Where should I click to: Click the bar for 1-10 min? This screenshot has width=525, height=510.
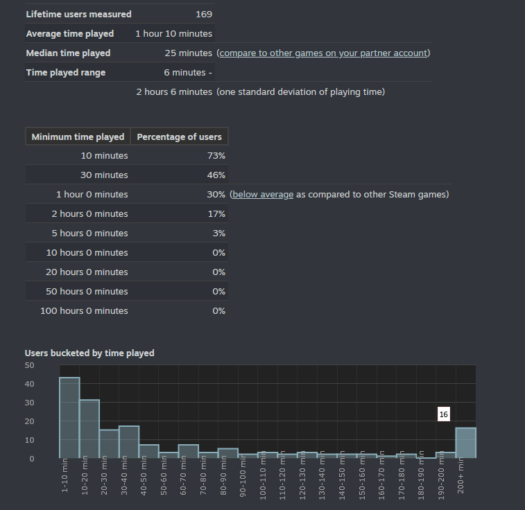point(69,417)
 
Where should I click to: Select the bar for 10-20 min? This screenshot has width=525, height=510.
point(89,428)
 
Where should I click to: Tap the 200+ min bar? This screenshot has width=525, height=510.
point(465,442)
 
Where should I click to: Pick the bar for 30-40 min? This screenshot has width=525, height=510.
point(129,441)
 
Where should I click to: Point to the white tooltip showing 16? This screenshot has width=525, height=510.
point(444,414)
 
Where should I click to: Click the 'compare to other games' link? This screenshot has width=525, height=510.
point(323,53)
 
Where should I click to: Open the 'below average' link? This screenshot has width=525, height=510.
point(263,194)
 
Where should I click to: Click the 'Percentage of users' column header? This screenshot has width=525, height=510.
point(180,137)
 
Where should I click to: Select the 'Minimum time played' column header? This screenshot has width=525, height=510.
point(78,137)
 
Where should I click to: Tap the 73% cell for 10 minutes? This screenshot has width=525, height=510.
point(216,155)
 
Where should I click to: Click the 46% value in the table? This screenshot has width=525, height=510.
point(216,175)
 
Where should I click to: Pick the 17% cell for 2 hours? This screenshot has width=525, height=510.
point(216,213)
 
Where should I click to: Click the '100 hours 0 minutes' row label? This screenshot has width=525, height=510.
point(84,310)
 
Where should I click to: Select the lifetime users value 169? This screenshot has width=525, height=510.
point(204,14)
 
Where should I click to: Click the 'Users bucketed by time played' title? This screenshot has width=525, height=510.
point(89,353)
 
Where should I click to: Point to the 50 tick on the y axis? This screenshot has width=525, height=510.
point(29,364)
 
